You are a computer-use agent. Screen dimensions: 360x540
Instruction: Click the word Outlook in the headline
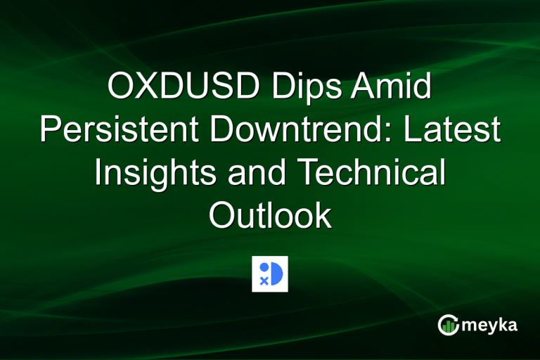pyautogui.click(x=270, y=216)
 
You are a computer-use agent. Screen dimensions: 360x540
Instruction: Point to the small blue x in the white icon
pyautogui.click(x=264, y=281)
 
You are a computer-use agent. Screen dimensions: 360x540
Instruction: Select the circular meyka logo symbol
pyautogui.click(x=447, y=324)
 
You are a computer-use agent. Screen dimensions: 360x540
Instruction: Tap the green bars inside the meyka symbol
pyautogui.click(x=448, y=326)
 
